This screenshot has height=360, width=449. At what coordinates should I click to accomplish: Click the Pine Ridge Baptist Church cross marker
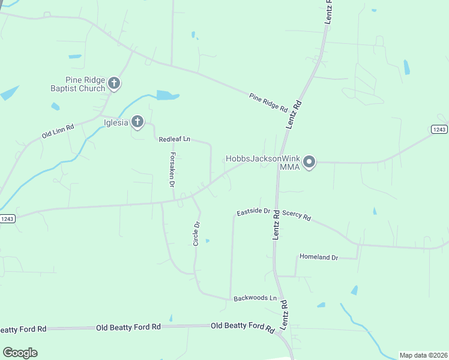coord(115,83)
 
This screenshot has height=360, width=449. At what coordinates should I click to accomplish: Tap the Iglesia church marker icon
coord(137,122)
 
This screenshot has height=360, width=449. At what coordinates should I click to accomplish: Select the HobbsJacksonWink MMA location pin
coord(309,162)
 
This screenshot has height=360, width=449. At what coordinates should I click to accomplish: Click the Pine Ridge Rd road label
coord(268,102)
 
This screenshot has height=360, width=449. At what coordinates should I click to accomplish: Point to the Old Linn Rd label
coord(58,131)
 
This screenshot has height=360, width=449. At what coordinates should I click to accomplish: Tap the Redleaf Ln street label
coord(174,139)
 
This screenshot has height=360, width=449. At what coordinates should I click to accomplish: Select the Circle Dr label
coord(196,233)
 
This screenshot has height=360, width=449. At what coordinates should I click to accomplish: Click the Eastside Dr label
coord(254,212)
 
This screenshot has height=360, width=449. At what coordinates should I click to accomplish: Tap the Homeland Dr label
coord(319,257)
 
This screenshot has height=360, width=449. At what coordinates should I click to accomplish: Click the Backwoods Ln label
coord(255,298)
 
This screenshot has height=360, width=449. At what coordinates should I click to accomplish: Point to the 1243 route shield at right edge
coord(439,130)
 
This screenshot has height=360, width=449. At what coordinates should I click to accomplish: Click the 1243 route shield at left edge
coord(7,218)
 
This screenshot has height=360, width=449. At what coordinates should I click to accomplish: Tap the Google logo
coord(20,353)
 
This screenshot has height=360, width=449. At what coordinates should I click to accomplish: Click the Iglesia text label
coord(116,122)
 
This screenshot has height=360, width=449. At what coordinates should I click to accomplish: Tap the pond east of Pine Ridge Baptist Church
coord(167,95)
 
